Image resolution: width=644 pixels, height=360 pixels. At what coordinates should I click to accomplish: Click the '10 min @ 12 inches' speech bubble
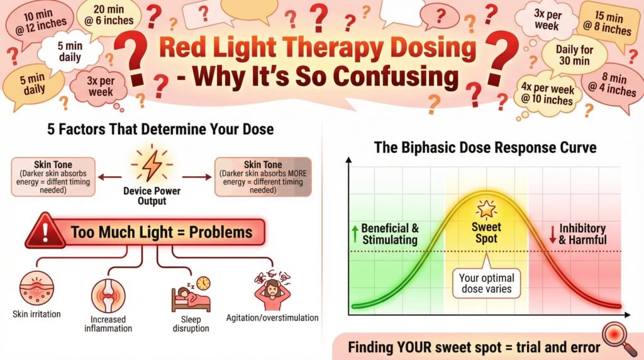[40, 23]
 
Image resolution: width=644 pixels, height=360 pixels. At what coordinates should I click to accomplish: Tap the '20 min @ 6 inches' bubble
[109, 15]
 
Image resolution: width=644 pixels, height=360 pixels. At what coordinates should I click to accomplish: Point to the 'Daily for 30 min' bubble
[574, 55]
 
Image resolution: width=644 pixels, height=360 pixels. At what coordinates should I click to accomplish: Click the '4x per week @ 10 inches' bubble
[548, 94]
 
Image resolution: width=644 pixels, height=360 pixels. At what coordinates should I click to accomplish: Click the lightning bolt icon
[152, 165]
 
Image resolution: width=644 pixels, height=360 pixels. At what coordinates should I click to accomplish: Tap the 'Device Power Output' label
[152, 196]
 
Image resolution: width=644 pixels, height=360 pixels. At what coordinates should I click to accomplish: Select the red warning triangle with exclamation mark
[45, 232]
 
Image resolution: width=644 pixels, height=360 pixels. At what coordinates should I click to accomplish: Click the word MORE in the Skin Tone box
[297, 174]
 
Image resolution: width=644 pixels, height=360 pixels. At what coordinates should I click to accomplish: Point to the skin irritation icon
[37, 288]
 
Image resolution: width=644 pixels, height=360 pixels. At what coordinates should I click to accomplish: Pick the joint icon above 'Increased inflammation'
[108, 295]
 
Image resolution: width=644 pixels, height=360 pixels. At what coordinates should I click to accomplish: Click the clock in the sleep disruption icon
[203, 283]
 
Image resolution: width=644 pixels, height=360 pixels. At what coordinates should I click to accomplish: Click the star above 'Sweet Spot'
[486, 210]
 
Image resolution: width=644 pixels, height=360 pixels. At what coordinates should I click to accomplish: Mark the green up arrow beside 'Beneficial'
[355, 233]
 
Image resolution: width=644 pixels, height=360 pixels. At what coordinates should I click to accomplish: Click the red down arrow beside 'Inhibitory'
[553, 234]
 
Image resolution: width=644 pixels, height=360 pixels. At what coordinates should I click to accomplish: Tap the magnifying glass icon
[619, 338]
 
